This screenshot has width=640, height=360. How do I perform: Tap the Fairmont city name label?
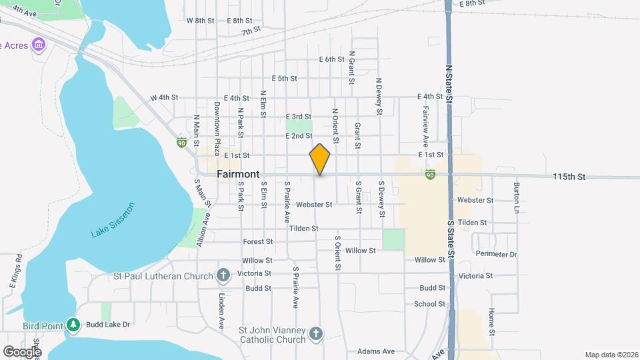(238, 174)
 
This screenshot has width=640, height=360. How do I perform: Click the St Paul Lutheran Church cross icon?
(223, 275)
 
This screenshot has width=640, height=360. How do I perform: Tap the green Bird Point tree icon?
(74, 325)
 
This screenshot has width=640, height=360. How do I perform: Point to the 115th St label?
(568, 177)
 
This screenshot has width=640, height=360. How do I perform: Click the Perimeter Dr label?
(497, 254)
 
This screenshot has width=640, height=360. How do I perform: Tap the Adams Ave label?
(376, 351)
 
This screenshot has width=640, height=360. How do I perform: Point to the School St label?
(429, 304)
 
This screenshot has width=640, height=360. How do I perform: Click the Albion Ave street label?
(202, 231)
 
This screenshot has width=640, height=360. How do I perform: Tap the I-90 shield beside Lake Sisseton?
(181, 142)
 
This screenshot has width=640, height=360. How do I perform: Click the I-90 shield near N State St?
(431, 174)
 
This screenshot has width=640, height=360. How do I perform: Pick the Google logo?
(22, 351)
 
